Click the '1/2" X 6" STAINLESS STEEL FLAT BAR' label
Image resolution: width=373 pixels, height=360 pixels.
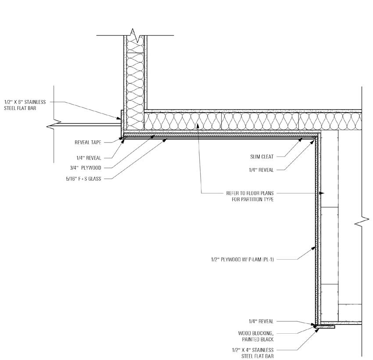pyautogui.click(x=25, y=104)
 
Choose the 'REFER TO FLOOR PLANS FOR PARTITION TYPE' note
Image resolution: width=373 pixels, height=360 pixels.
pyautogui.click(x=253, y=196)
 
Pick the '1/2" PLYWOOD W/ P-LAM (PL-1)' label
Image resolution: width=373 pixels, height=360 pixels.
pyautogui.click(x=243, y=259)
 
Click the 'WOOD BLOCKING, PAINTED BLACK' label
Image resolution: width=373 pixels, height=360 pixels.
pyautogui.click(x=256, y=336)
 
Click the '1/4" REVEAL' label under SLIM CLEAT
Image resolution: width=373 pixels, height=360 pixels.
pyautogui.click(x=262, y=170)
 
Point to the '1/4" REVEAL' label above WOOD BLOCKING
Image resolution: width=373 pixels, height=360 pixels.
pyautogui.click(x=262, y=321)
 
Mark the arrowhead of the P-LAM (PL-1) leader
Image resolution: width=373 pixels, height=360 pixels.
pyautogui.click(x=315, y=248)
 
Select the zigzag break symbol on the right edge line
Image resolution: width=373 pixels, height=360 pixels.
pyautogui.click(x=361, y=223)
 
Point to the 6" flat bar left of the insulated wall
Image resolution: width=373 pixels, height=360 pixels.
pyautogui.click(x=122, y=120)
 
